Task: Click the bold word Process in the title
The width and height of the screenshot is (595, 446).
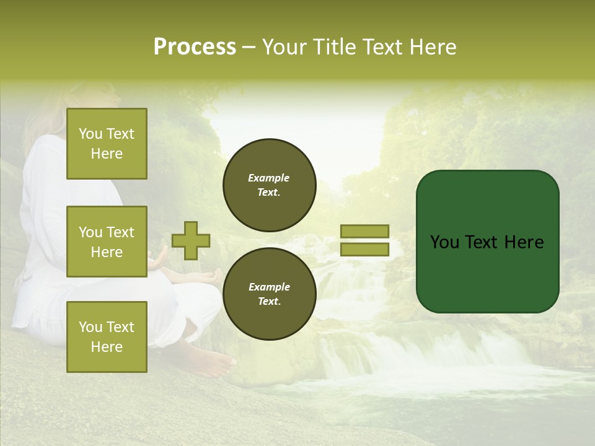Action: click(x=195, y=47)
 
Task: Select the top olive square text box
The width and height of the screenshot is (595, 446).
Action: click(x=107, y=144)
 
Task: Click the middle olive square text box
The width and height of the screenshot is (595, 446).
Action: click(x=107, y=242)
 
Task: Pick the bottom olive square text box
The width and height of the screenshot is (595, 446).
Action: click(x=107, y=336)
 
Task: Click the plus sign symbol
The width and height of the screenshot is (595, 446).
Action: click(x=191, y=240)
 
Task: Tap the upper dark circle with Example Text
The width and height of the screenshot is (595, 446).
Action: click(x=269, y=185)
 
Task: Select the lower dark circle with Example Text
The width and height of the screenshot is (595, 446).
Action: click(x=269, y=294)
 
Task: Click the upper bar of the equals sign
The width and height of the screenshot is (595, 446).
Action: click(x=364, y=232)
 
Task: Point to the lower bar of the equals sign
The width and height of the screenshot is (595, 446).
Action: click(x=364, y=250)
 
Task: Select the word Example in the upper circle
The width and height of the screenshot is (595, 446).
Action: click(x=269, y=178)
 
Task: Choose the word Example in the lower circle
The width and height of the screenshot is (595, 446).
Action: click(x=269, y=287)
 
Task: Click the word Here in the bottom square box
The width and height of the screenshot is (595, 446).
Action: click(x=107, y=347)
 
